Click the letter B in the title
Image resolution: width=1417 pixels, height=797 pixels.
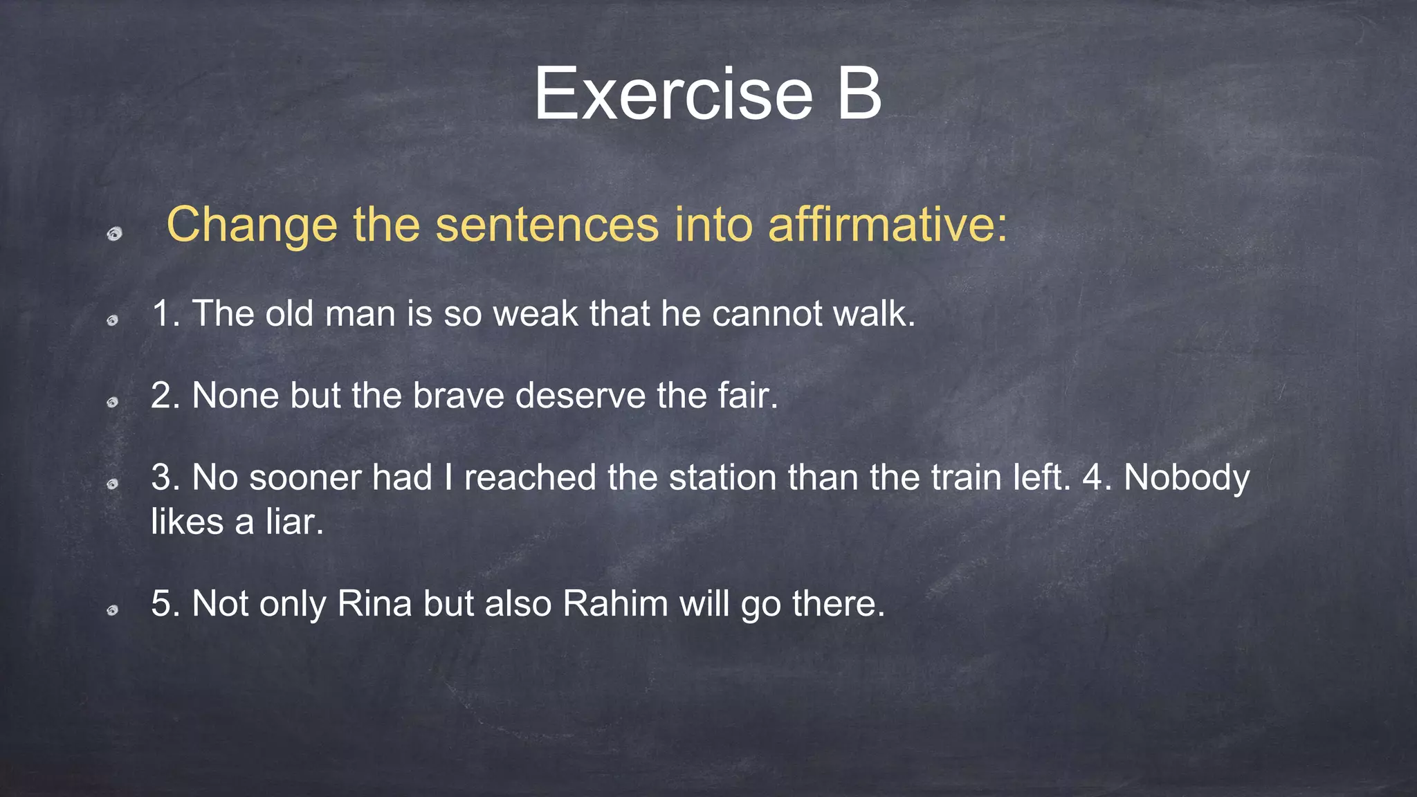point(859,94)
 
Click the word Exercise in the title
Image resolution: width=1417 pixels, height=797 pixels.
point(673,94)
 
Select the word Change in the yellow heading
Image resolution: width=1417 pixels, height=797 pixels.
point(252,226)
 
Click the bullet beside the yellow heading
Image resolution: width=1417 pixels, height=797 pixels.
point(114,234)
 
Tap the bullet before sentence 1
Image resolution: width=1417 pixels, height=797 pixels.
point(113,320)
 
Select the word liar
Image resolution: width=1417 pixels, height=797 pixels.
point(291,522)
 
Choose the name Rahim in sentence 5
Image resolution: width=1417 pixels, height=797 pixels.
point(615,603)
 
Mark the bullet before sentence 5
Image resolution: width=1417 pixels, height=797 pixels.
point(113,610)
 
